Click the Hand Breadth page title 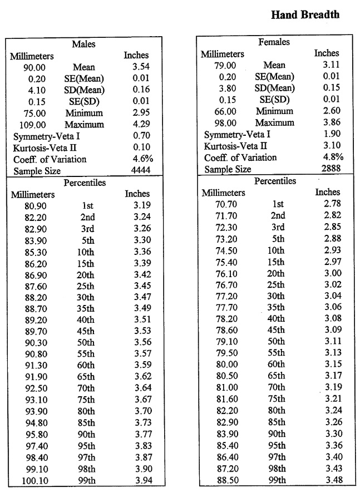305,15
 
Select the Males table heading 83,44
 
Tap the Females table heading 274,42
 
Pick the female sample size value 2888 332,169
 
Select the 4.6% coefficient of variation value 143,160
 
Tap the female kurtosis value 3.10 333,146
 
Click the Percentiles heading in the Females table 275,181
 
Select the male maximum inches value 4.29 142,125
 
